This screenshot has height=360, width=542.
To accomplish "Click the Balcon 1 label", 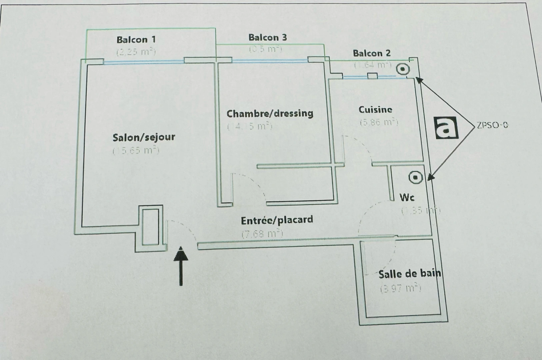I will [136, 40].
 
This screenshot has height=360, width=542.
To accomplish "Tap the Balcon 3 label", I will [267, 37].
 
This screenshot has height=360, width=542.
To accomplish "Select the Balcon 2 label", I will [371, 53].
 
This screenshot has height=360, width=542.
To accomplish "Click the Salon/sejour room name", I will [144, 137].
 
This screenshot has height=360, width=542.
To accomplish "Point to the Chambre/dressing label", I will [270, 114].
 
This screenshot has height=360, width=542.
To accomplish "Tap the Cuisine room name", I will [375, 109].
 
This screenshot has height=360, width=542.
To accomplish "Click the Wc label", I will [407, 197].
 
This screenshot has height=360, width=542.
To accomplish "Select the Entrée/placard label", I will [277, 220].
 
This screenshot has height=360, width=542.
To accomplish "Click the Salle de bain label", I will [410, 274].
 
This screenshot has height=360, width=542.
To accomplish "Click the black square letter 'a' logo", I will [447, 127].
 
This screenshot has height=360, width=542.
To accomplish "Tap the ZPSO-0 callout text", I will [492, 125].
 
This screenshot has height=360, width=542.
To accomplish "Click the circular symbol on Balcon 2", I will [403, 69].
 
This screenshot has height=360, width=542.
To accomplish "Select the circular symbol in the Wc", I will [415, 177].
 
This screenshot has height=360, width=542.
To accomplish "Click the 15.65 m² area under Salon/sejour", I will [136, 151].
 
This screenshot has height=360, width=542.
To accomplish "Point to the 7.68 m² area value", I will [262, 233].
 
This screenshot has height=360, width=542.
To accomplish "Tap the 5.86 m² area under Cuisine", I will [379, 122].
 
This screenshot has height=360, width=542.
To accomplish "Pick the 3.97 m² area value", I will [400, 288].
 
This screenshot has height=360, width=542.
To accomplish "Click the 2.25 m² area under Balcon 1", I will [136, 52].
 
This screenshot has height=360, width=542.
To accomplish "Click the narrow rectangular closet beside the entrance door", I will [151, 227].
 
